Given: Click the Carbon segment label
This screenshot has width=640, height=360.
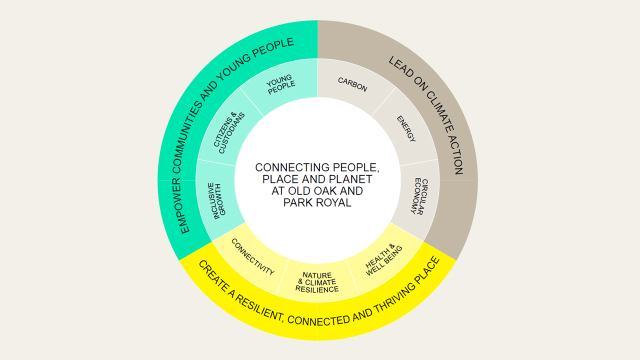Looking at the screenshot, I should [352, 84].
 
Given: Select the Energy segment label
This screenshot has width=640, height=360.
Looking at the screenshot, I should [406, 128].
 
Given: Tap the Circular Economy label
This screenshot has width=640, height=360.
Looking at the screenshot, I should [419, 196].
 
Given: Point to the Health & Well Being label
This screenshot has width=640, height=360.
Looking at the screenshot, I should [383, 260].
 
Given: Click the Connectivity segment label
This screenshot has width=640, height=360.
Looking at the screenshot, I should [253, 257].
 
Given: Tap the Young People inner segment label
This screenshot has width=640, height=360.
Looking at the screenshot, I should [280, 85].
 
